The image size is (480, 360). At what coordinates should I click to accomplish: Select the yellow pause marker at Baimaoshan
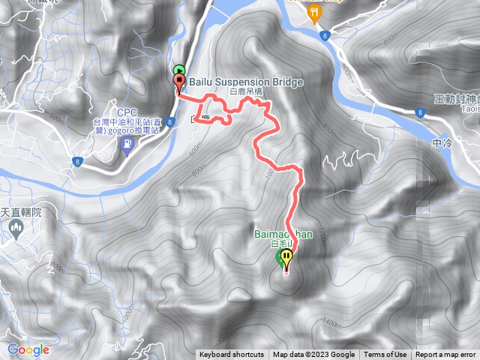(x=286, y=259)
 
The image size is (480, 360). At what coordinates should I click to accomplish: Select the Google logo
(x=28, y=349)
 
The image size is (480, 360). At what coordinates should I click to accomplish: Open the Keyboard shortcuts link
(x=231, y=355)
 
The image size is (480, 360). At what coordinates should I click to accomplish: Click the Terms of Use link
(x=385, y=355)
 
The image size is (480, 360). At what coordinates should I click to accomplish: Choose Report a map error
(x=445, y=355)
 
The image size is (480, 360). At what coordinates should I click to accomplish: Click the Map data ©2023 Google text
(x=313, y=355)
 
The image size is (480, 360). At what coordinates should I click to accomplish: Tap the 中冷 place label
(x=443, y=142)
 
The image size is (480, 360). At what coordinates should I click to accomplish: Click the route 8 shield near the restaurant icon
(x=323, y=35)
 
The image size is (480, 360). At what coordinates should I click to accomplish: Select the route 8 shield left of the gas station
(x=77, y=161)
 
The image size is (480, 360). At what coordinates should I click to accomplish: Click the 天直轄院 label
(x=21, y=213)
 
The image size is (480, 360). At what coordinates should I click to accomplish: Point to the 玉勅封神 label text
(x=455, y=99)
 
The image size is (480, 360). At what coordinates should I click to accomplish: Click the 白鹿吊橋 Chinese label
(x=245, y=91)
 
